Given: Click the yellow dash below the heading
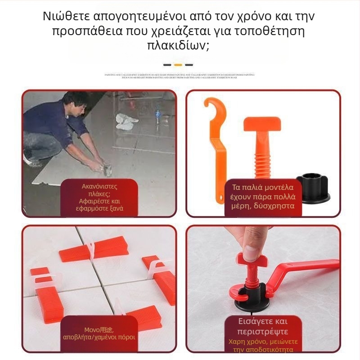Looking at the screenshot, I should pyautogui.click(x=178, y=65).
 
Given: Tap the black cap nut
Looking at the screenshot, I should pyautogui.click(x=312, y=187).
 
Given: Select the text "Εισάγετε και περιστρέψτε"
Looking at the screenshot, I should pyautogui.click(x=263, y=326).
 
